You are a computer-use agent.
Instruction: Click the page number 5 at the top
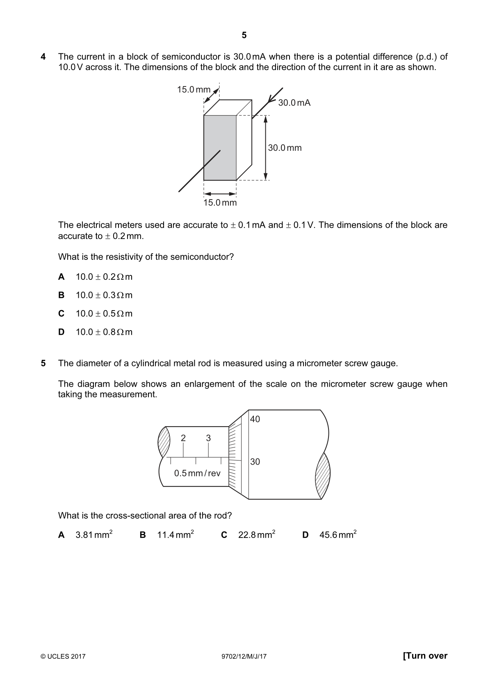[x=244, y=35]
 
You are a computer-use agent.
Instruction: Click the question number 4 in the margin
[x=43, y=57]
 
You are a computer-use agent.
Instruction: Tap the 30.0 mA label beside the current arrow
[x=294, y=102]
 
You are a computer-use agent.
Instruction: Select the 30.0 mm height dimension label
[x=285, y=148]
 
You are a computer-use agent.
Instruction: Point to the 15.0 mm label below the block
[x=220, y=203]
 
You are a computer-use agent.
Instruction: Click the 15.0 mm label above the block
[x=194, y=90]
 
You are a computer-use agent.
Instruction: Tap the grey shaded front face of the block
[x=220, y=148]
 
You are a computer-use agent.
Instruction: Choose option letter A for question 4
[x=62, y=277]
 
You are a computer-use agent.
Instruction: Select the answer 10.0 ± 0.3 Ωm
[x=104, y=295]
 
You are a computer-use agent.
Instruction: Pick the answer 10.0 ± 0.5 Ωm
[x=104, y=313]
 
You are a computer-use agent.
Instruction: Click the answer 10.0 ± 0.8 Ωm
[x=104, y=332]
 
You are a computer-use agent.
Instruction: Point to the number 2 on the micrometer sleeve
[x=183, y=438]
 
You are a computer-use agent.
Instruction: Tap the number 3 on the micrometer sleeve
[x=208, y=438]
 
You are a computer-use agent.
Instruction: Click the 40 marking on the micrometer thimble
[x=255, y=419]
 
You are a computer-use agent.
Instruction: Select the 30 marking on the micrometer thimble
[x=255, y=461]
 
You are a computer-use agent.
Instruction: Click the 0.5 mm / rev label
[x=197, y=473]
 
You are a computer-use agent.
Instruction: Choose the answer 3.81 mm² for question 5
[x=94, y=534]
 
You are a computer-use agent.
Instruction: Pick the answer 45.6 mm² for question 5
[x=338, y=534]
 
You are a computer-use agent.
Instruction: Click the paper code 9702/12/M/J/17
[x=244, y=656]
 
